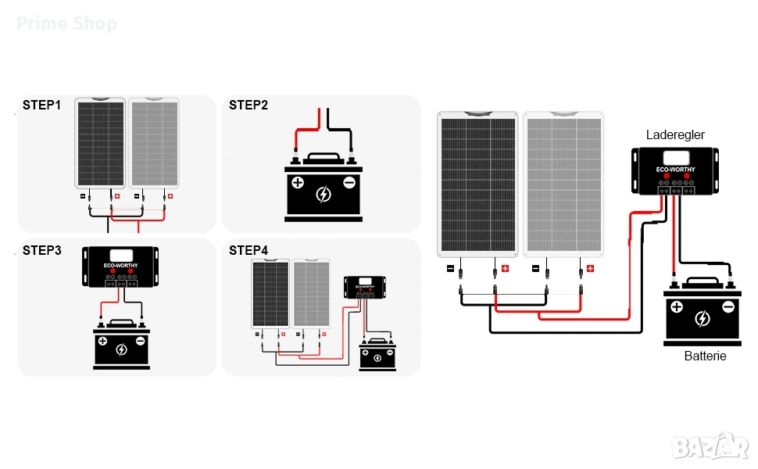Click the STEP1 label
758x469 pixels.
[41, 105]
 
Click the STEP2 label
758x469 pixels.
[248, 105]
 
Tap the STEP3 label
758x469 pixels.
[41, 250]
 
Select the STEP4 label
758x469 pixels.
[248, 250]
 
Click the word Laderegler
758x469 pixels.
[675, 135]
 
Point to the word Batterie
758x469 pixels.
[705, 356]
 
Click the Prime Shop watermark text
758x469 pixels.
[66, 23]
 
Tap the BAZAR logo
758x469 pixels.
[710, 448]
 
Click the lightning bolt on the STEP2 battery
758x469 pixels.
[323, 194]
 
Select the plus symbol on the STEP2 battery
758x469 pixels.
[297, 183]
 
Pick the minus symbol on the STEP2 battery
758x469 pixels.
[349, 183]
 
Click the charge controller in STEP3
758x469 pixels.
[121, 266]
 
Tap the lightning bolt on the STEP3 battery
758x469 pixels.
[121, 349]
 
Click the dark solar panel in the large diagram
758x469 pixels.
[477, 184]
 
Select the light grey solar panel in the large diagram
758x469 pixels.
[563, 184]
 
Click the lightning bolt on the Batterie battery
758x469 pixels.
[703, 319]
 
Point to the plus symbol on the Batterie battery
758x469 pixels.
[677, 307]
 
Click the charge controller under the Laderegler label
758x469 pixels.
[675, 170]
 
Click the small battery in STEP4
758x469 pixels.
[377, 355]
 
